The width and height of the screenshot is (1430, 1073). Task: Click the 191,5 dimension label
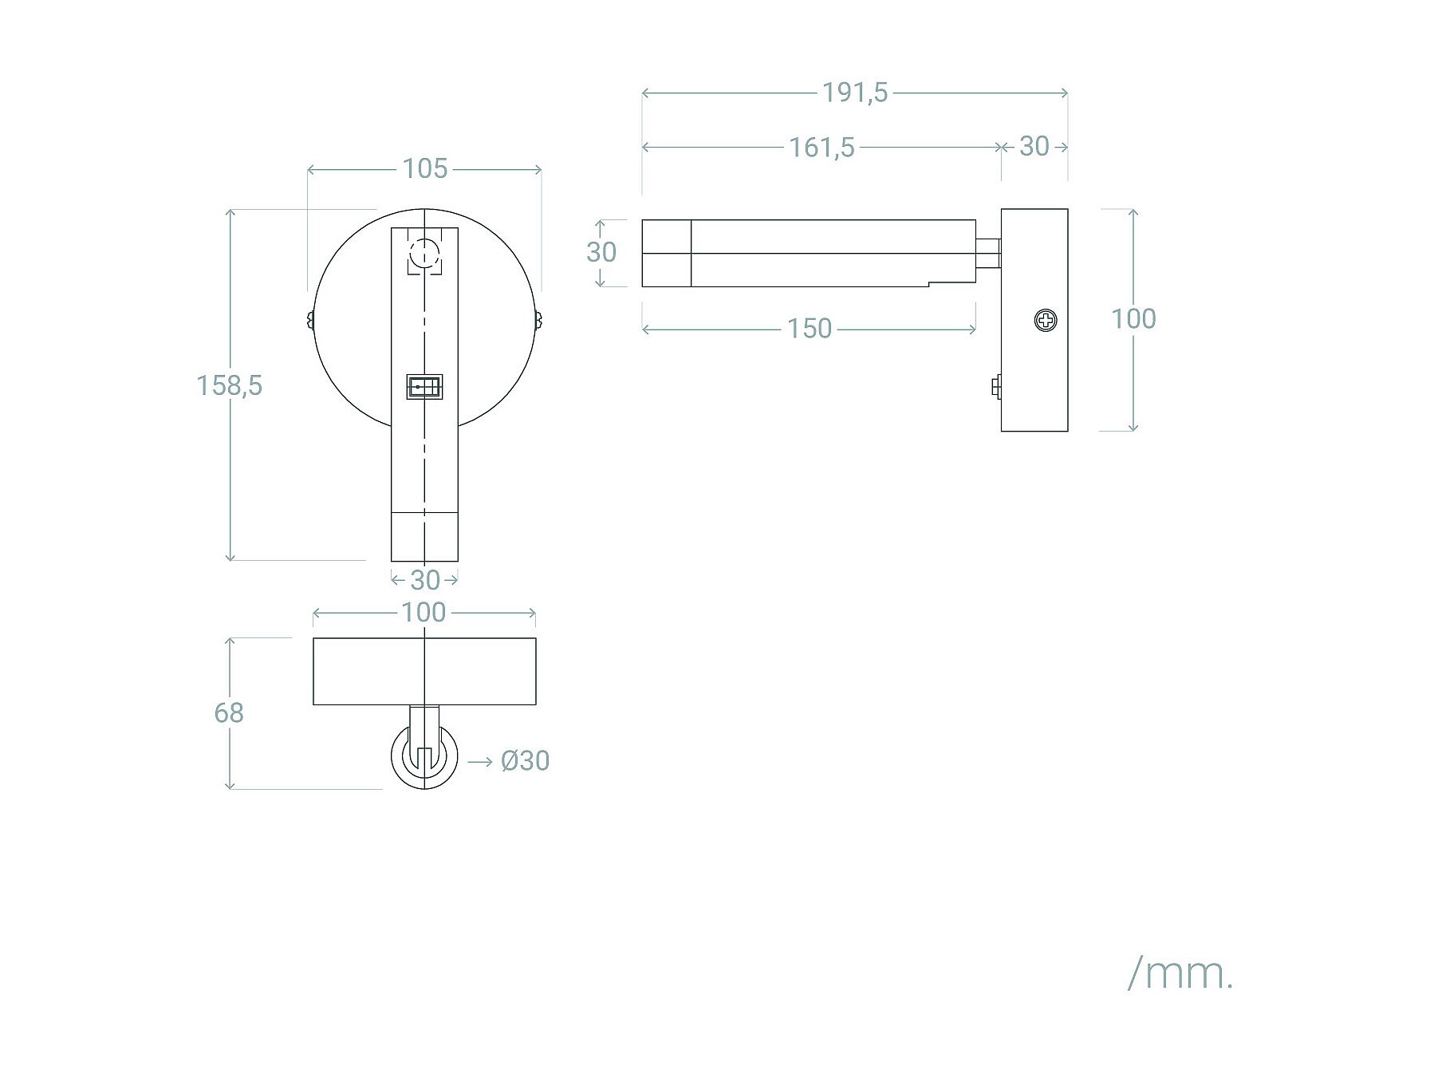tap(854, 93)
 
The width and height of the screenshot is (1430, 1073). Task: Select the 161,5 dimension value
tap(821, 148)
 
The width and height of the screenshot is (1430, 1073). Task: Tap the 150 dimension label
tap(809, 329)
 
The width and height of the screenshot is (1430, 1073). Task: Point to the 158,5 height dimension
tap(229, 385)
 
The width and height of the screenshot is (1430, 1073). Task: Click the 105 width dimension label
tap(424, 169)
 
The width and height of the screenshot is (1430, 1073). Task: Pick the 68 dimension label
tap(229, 712)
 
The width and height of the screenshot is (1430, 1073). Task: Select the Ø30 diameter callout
tap(525, 761)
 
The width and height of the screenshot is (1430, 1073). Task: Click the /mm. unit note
tap(1180, 973)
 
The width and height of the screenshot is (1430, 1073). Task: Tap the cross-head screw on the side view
tap(1045, 321)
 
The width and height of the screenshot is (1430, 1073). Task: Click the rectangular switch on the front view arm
tap(424, 387)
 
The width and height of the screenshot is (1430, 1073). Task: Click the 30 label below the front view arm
tap(424, 579)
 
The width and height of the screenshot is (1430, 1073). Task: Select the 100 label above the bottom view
tap(423, 613)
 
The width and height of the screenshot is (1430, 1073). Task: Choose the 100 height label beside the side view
tap(1133, 319)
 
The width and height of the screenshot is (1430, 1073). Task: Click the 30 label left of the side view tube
tap(601, 252)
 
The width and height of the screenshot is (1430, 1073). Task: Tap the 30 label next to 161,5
tap(1034, 147)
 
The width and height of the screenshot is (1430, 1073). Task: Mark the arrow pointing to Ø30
tap(479, 762)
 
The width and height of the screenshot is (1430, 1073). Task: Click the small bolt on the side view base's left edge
tap(996, 387)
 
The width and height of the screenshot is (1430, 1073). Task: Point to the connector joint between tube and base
tap(988, 253)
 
